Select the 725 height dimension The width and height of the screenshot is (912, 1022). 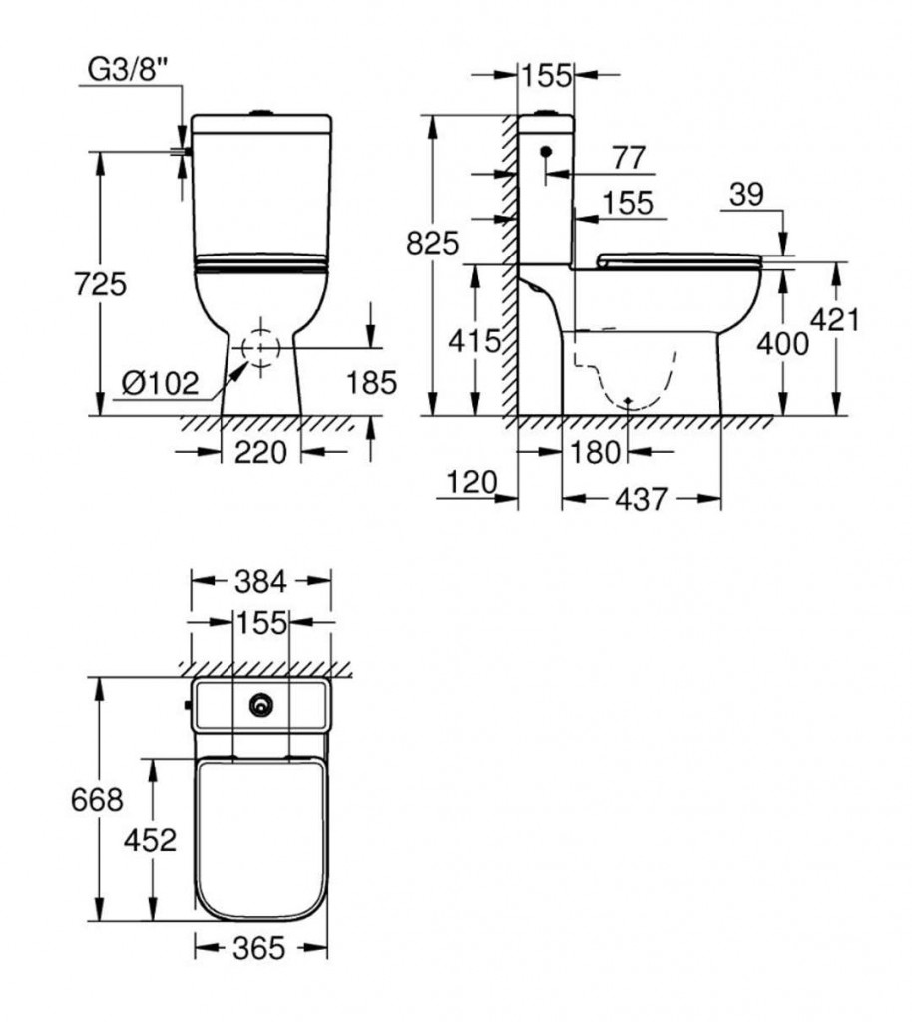(101, 284)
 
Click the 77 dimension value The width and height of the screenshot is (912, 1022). (628, 158)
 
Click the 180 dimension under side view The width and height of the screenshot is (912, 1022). (598, 452)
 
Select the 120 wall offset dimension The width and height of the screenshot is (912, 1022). (471, 484)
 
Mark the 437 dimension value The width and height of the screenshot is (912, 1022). (640, 499)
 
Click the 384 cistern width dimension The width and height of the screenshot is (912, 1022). (261, 580)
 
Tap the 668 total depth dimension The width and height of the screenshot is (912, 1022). (97, 799)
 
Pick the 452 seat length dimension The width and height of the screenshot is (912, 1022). (150, 839)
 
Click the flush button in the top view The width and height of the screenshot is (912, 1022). (262, 706)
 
